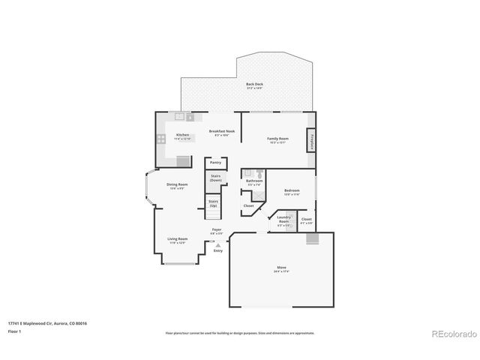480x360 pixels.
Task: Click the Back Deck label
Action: (x=254, y=85)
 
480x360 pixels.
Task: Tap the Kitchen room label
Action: (x=183, y=135)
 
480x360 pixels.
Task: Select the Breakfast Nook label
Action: (x=222, y=131)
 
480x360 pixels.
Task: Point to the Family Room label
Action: (x=278, y=139)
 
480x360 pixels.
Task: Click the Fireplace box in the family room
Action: (x=311, y=140)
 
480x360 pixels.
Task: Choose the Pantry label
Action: (x=215, y=162)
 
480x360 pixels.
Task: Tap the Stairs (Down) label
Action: (x=215, y=179)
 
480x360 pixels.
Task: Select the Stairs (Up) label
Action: (x=214, y=202)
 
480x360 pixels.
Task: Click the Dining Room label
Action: (x=177, y=184)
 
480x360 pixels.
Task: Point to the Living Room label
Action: (x=177, y=239)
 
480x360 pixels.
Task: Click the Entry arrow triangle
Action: (x=217, y=244)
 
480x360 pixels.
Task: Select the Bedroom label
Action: (x=292, y=190)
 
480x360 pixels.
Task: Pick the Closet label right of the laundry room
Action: (x=306, y=220)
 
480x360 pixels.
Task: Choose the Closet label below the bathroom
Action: (x=248, y=205)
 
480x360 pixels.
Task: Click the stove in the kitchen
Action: (x=161, y=139)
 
